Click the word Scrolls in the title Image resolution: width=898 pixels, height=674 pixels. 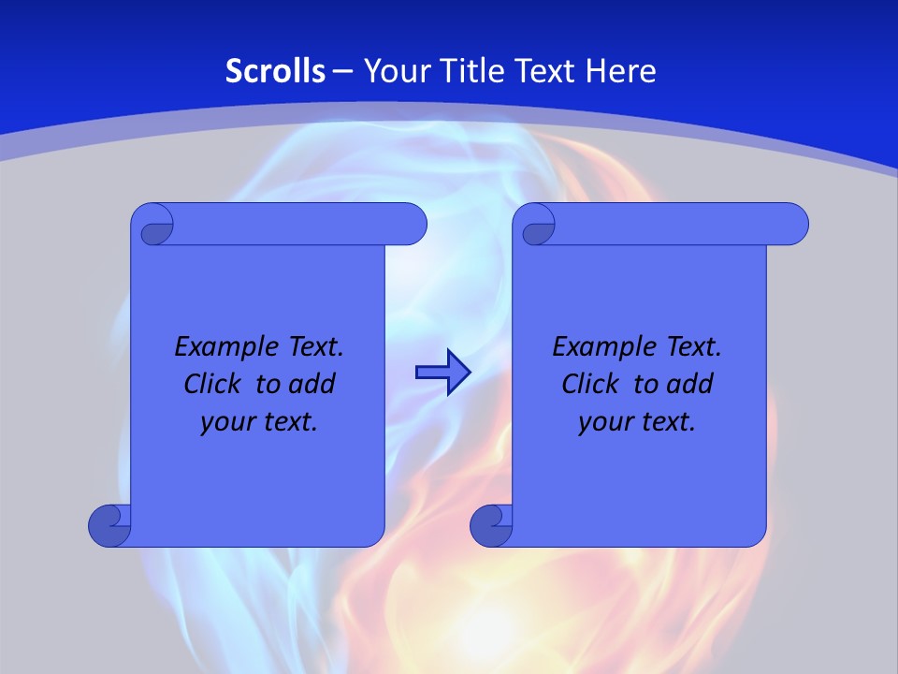276,71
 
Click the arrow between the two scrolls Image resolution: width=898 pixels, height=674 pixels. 442,373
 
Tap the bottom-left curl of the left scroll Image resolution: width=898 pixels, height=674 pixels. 109,525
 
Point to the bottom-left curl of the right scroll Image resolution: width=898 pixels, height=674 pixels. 491,525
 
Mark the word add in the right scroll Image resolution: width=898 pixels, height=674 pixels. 691,385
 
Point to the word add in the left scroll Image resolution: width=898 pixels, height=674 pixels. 313,385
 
